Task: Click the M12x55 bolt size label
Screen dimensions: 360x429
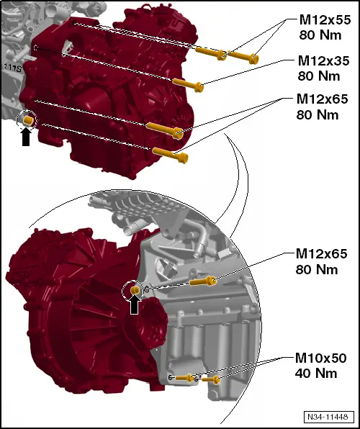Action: tap(325, 19)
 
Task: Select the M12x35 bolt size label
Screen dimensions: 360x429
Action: tap(323, 60)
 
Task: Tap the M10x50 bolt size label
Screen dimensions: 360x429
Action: tap(321, 358)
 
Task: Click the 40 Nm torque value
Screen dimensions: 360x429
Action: tap(316, 373)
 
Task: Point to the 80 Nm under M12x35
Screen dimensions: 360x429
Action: tap(319, 76)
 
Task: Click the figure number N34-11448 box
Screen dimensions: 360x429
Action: tap(329, 417)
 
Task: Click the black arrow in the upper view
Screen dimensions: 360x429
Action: tap(26, 137)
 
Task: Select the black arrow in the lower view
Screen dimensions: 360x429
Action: tap(134, 304)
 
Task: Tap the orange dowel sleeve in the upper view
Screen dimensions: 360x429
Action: tap(28, 120)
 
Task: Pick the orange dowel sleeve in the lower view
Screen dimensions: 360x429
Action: tap(135, 290)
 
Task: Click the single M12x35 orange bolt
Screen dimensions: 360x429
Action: tap(189, 85)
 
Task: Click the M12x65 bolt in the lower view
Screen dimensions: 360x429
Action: tap(203, 281)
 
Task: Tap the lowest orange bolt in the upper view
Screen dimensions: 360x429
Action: tap(171, 155)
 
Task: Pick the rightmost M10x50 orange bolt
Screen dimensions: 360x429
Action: tap(211, 380)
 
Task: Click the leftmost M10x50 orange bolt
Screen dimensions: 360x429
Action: tap(185, 378)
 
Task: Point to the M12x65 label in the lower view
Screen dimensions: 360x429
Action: tap(321, 253)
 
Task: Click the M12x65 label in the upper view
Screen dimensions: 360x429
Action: tap(323, 99)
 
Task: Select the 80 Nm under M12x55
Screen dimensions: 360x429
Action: tap(320, 35)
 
